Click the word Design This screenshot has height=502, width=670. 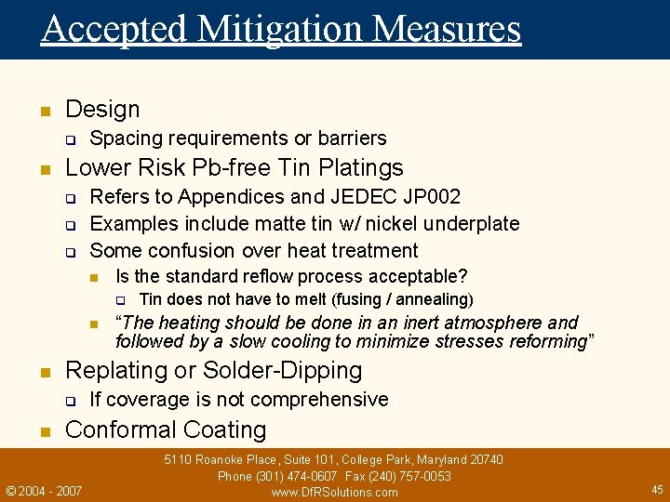[102, 110]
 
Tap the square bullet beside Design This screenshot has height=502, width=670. [43, 112]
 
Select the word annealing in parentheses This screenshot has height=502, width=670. [435, 299]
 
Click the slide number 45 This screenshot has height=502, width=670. [657, 489]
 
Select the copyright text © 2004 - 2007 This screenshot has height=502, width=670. [44, 490]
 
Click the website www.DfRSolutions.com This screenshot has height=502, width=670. [334, 493]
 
